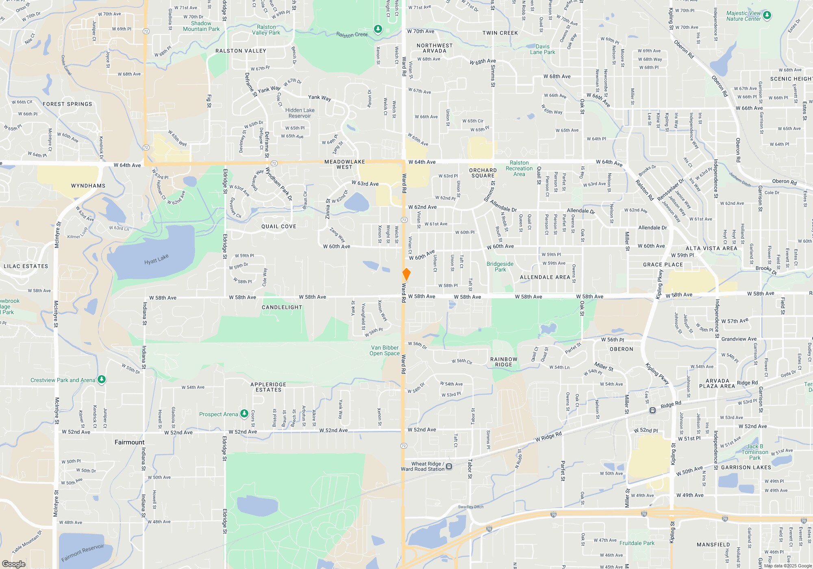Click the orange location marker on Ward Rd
[x=406, y=274]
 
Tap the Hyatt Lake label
[x=156, y=259]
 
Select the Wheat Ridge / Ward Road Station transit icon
[x=449, y=466]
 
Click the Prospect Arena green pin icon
[x=244, y=414]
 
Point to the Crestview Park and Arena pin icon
[x=102, y=380]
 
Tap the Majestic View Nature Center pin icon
[x=767, y=15]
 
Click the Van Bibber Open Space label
[x=384, y=350]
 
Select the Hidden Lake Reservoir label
[x=300, y=113]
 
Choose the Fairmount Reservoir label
[x=83, y=553]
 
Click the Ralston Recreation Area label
[x=519, y=168]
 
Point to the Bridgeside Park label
[x=500, y=267]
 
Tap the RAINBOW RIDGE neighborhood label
[x=504, y=362]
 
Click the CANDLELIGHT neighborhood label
[x=282, y=307]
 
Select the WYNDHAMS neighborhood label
[x=88, y=186]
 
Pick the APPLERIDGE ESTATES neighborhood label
[x=268, y=387]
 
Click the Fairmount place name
[x=129, y=442]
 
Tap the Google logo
[x=14, y=564]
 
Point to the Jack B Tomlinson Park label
[x=754, y=452]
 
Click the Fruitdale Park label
[x=637, y=543]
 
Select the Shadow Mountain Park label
[x=201, y=26]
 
